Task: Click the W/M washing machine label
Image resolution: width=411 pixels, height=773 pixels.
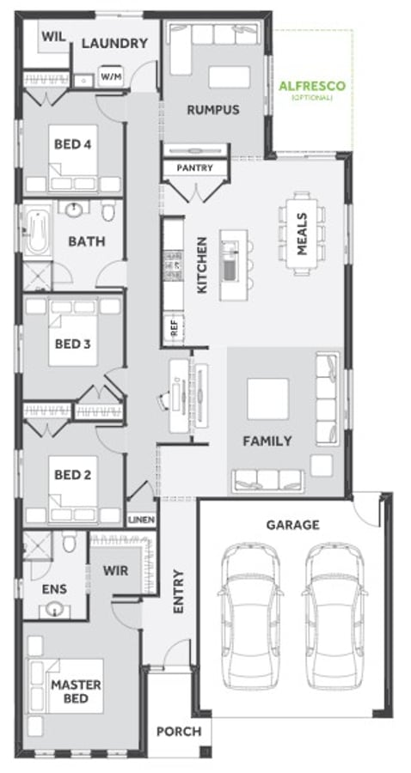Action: tap(111, 76)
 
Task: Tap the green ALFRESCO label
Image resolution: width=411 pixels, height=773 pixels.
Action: tap(312, 86)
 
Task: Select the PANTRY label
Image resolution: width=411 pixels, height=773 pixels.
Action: tap(195, 167)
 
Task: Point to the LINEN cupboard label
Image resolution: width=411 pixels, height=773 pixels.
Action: tap(142, 520)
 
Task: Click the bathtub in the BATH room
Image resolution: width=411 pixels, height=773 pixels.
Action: tap(37, 231)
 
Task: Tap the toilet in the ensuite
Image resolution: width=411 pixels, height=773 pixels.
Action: tap(69, 542)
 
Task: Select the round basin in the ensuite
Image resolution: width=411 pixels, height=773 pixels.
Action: tap(55, 610)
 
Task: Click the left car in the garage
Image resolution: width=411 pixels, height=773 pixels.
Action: tap(251, 616)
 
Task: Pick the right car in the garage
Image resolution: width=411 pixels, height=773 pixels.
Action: tap(335, 616)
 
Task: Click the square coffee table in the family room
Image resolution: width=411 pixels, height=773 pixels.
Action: tap(268, 399)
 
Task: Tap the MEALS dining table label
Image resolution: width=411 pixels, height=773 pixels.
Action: tap(302, 234)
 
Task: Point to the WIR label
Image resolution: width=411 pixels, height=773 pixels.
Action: tap(115, 571)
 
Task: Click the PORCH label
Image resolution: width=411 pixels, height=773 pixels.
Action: tap(179, 732)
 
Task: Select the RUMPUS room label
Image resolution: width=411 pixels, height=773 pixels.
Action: tap(213, 109)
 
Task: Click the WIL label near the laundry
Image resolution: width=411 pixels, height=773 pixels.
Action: tap(53, 36)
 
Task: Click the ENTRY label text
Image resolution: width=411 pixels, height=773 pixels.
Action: tap(178, 592)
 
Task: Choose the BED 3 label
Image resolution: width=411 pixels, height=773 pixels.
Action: tap(72, 343)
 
